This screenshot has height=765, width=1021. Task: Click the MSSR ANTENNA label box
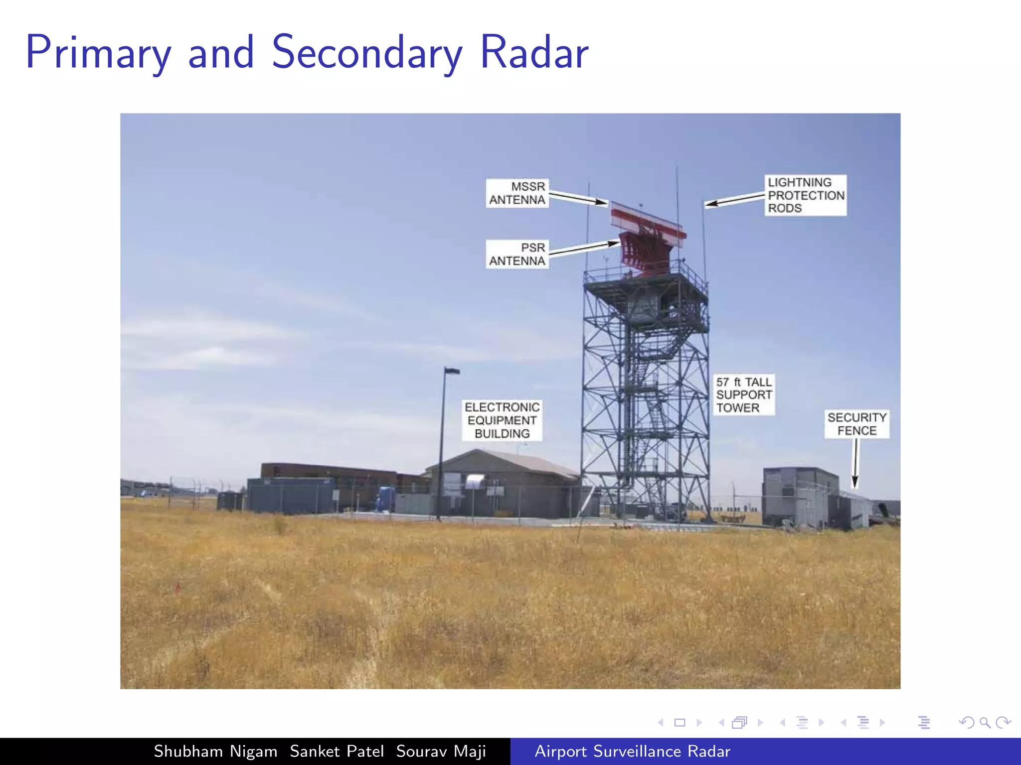tap(517, 193)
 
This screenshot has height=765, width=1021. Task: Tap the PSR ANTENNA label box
tap(517, 254)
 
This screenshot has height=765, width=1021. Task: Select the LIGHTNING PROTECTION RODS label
tap(805, 195)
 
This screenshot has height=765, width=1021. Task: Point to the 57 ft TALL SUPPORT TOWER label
tap(743, 394)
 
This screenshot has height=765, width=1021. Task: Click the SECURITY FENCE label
tap(856, 424)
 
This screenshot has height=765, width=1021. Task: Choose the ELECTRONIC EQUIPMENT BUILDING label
tap(502, 420)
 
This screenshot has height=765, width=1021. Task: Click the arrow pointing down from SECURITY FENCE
tap(855, 463)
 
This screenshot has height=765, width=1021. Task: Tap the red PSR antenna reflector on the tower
tap(643, 252)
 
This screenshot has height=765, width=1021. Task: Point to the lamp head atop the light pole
tap(453, 371)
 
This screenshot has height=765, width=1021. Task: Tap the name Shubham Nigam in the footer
tap(215, 751)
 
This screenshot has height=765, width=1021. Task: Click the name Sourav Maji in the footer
tap(441, 751)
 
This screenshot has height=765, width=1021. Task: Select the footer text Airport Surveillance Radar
tap(632, 751)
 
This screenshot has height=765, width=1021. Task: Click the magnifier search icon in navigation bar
tap(985, 722)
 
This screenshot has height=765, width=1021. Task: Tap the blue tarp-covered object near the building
tap(385, 499)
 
